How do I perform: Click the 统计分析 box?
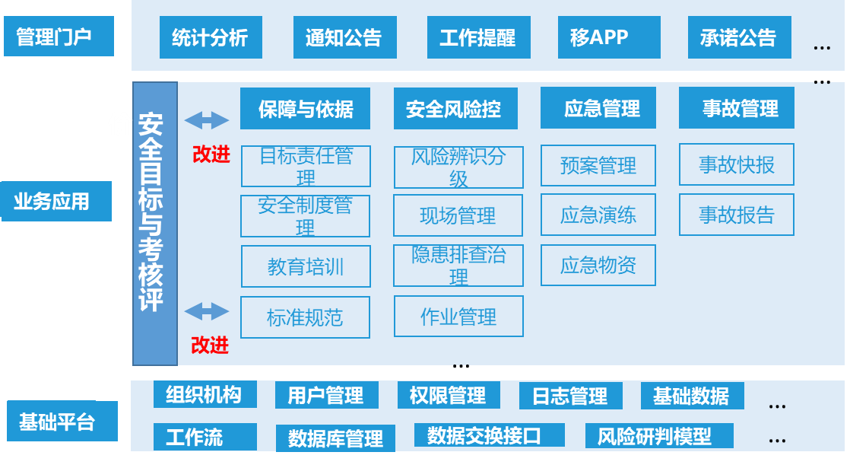pos(211,37)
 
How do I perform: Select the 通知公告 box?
pos(344,37)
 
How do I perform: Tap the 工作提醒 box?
pos(477,37)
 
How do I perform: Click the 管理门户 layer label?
pos(59,37)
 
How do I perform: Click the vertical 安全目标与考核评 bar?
pos(154,224)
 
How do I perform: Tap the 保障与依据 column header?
pos(305,109)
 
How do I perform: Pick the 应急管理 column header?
pos(601,109)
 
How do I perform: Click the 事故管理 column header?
pos(736,108)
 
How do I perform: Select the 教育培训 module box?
pos(306,266)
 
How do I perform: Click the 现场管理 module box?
pos(458,216)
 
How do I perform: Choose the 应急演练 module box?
pos(598,215)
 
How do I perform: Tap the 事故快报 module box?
pos(736,165)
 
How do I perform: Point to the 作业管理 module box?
pos(458,317)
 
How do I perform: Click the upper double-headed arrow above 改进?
pos(206,120)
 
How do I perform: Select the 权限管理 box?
pos(449,396)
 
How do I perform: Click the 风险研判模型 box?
pos(658,436)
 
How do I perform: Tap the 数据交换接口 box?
pos(489,435)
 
